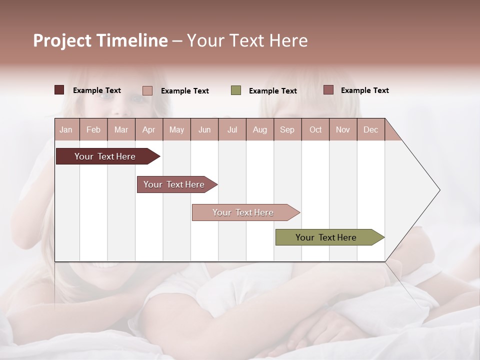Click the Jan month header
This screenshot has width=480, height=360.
coord(66,129)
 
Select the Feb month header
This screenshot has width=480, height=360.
coord(93,129)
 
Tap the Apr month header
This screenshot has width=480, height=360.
coord(148,129)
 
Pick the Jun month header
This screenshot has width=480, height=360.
coord(204,129)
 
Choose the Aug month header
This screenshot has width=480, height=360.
coord(259,129)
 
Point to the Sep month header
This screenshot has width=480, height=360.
coord(287,129)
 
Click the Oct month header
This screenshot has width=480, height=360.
coord(315,129)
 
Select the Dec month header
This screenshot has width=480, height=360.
coord(370,129)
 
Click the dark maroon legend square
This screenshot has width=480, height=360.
coord(59,90)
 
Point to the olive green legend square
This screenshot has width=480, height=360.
coord(236,90)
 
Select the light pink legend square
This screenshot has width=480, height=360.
coord(147,90)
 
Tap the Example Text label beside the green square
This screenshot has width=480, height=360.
coord(272,91)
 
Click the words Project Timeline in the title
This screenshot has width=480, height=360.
coord(100,40)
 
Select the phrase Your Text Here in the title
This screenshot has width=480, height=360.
coord(247,40)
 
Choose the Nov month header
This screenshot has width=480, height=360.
coord(343,129)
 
